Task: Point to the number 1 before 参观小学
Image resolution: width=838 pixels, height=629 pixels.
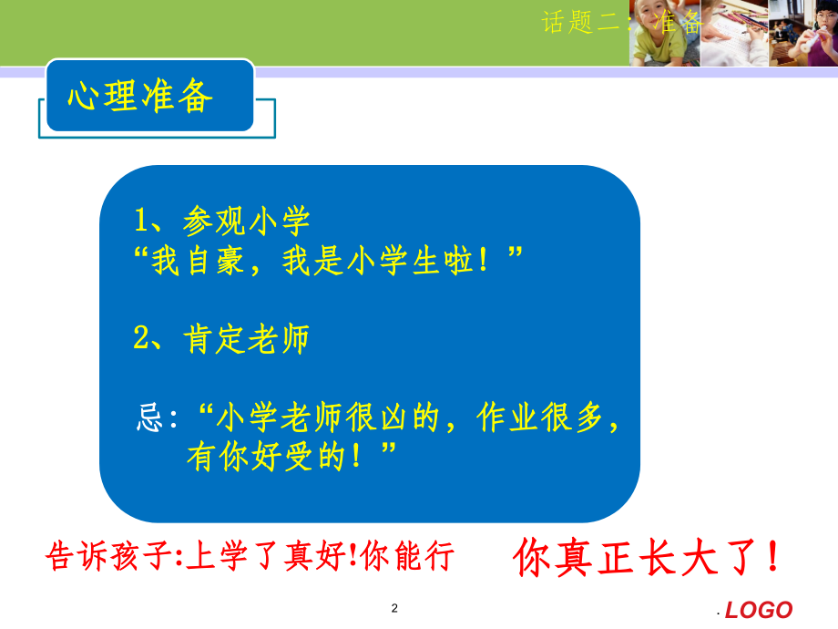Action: tap(141, 221)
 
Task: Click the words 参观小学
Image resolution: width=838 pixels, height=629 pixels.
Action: tap(246, 221)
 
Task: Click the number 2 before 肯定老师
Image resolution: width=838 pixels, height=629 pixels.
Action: tap(141, 339)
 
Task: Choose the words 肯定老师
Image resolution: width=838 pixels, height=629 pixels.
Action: tap(246, 339)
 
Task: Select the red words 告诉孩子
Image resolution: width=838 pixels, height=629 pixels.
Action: tap(107, 555)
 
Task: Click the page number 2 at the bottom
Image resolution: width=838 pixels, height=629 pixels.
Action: tap(394, 608)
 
